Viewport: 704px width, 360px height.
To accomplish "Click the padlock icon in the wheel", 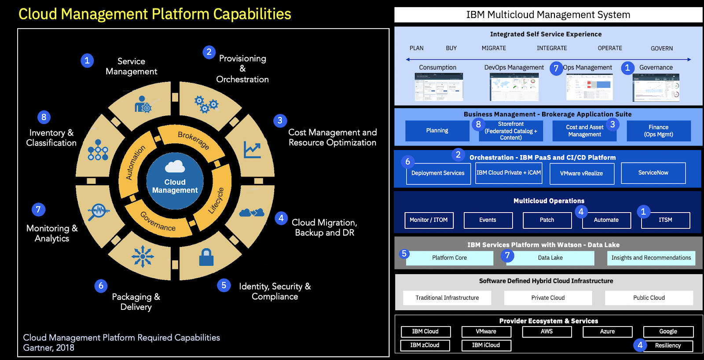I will click(206, 257).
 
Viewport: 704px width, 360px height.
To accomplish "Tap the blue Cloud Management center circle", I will click(175, 181).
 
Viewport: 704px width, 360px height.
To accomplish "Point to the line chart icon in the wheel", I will click(253, 150).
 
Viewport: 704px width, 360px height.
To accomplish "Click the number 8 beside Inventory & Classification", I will click(44, 117).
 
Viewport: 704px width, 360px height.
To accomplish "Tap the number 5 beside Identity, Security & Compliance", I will click(224, 285).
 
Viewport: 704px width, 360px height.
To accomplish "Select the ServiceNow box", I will click(653, 173).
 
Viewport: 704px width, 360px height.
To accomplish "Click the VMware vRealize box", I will click(581, 173).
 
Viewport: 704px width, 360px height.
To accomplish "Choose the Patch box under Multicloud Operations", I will click(547, 220).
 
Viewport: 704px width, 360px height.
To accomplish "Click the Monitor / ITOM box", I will click(429, 220).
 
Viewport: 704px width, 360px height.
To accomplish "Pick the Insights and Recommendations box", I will click(651, 258).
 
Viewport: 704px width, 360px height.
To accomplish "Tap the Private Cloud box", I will click(548, 298).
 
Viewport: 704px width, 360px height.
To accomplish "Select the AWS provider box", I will click(546, 332).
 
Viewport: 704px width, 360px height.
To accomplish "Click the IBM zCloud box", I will click(425, 345).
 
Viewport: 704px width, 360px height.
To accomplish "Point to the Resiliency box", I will click(667, 346).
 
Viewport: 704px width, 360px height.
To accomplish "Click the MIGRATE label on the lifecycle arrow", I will click(494, 48).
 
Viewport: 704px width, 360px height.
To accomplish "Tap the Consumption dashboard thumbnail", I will click(439, 87).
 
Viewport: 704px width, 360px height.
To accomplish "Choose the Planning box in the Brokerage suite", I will click(437, 131).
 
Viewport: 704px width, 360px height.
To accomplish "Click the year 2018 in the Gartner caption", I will click(65, 348).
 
